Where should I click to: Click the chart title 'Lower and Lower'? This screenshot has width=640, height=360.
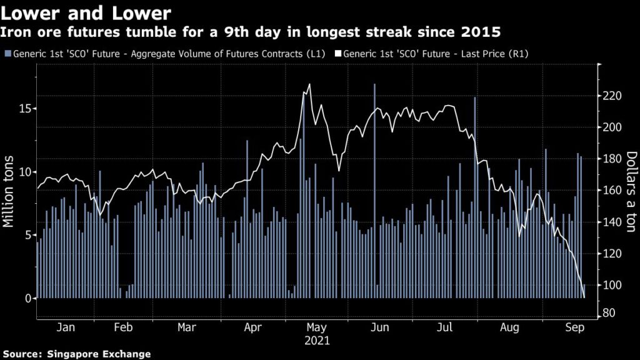pos(86,12)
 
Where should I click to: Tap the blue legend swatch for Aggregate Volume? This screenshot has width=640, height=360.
pos(7,54)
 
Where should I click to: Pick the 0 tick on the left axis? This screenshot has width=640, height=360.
pos(27,298)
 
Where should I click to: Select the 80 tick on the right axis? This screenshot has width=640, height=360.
pos(610,313)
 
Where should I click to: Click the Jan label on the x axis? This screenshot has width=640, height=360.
pos(66,327)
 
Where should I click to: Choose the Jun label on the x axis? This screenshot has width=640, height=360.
pos(381,327)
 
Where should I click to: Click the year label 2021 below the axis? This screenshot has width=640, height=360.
pos(317,341)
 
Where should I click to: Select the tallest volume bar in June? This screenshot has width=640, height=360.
pos(374,187)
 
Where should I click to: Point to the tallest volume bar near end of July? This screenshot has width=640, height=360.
pos(474,194)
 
